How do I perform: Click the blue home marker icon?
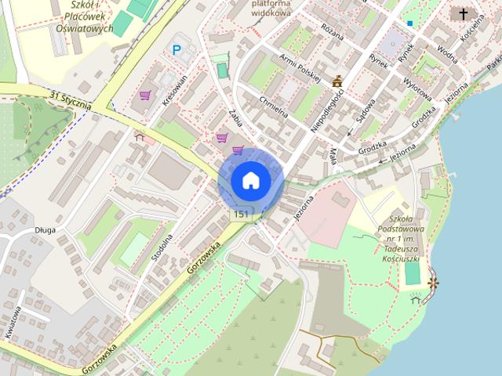tap(251, 181)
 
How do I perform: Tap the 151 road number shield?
tap(242, 215)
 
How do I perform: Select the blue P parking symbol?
tap(177, 51)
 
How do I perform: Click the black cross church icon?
tap(463, 14)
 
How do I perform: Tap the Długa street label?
tap(44, 230)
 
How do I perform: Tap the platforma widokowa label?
tap(271, 9)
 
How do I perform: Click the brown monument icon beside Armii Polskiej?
tap(338, 81)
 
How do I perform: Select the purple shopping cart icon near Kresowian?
tap(144, 96)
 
